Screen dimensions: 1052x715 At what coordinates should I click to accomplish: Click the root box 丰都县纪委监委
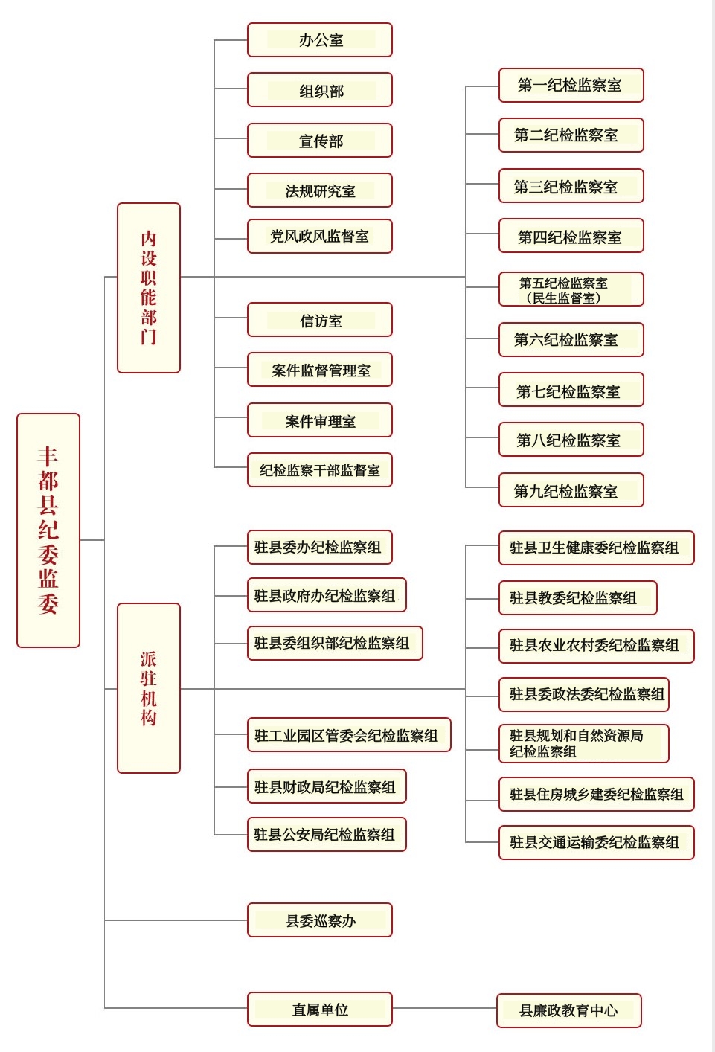pyautogui.click(x=48, y=530)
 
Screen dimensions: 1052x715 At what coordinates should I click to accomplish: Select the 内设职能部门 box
pyautogui.click(x=149, y=287)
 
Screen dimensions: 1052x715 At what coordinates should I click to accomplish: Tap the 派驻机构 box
pyautogui.click(x=149, y=687)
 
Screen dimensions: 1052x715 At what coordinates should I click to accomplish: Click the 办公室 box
pyautogui.click(x=320, y=40)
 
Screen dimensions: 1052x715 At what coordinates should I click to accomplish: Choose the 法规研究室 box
pyautogui.click(x=320, y=191)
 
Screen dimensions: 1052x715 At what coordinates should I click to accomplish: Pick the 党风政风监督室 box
pyautogui.click(x=320, y=237)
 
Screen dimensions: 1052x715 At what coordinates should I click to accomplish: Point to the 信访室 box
pyautogui.click(x=320, y=321)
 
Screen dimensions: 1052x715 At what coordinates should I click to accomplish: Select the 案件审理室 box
pyautogui.click(x=320, y=421)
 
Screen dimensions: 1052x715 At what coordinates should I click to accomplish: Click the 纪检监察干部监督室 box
pyautogui.click(x=320, y=470)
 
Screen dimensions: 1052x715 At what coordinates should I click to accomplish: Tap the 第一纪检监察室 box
pyautogui.click(x=571, y=86)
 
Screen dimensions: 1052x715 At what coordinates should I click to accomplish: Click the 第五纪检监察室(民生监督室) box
pyautogui.click(x=571, y=290)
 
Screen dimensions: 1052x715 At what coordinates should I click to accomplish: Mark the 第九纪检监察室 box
pyautogui.click(x=571, y=491)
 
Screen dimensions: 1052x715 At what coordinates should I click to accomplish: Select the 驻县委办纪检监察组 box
pyautogui.click(x=320, y=548)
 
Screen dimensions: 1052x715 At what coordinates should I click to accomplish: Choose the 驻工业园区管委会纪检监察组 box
pyautogui.click(x=348, y=736)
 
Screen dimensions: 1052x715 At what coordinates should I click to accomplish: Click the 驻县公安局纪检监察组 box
pyautogui.click(x=326, y=835)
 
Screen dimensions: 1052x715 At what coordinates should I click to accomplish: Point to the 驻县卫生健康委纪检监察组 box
pyautogui.click(x=595, y=548)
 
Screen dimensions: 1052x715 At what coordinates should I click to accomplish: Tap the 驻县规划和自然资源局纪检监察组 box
pyautogui.click(x=583, y=744)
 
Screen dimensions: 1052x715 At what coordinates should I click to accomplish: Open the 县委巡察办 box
pyautogui.click(x=320, y=921)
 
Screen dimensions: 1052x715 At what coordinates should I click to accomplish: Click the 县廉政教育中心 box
pyautogui.click(x=568, y=1010)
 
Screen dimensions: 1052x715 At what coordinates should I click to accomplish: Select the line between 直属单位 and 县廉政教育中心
pyautogui.click(x=444, y=1009)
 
